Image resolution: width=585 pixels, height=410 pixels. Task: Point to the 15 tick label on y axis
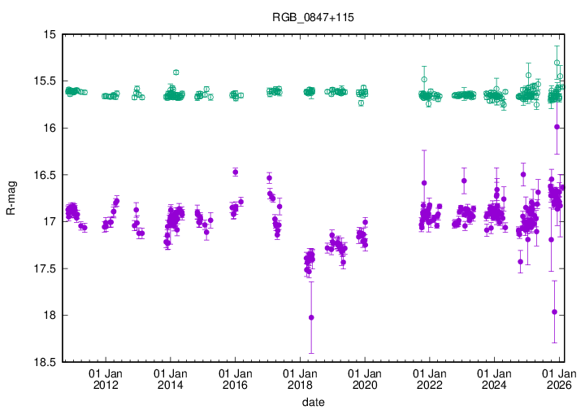(47, 35)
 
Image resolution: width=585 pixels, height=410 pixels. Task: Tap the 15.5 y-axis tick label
(42, 81)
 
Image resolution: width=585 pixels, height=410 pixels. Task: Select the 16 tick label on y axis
(47, 129)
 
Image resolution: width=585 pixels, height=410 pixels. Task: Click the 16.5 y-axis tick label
(42, 175)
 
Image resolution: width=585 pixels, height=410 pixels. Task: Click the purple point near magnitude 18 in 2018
(311, 317)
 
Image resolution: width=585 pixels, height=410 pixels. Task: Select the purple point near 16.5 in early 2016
(235, 172)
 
